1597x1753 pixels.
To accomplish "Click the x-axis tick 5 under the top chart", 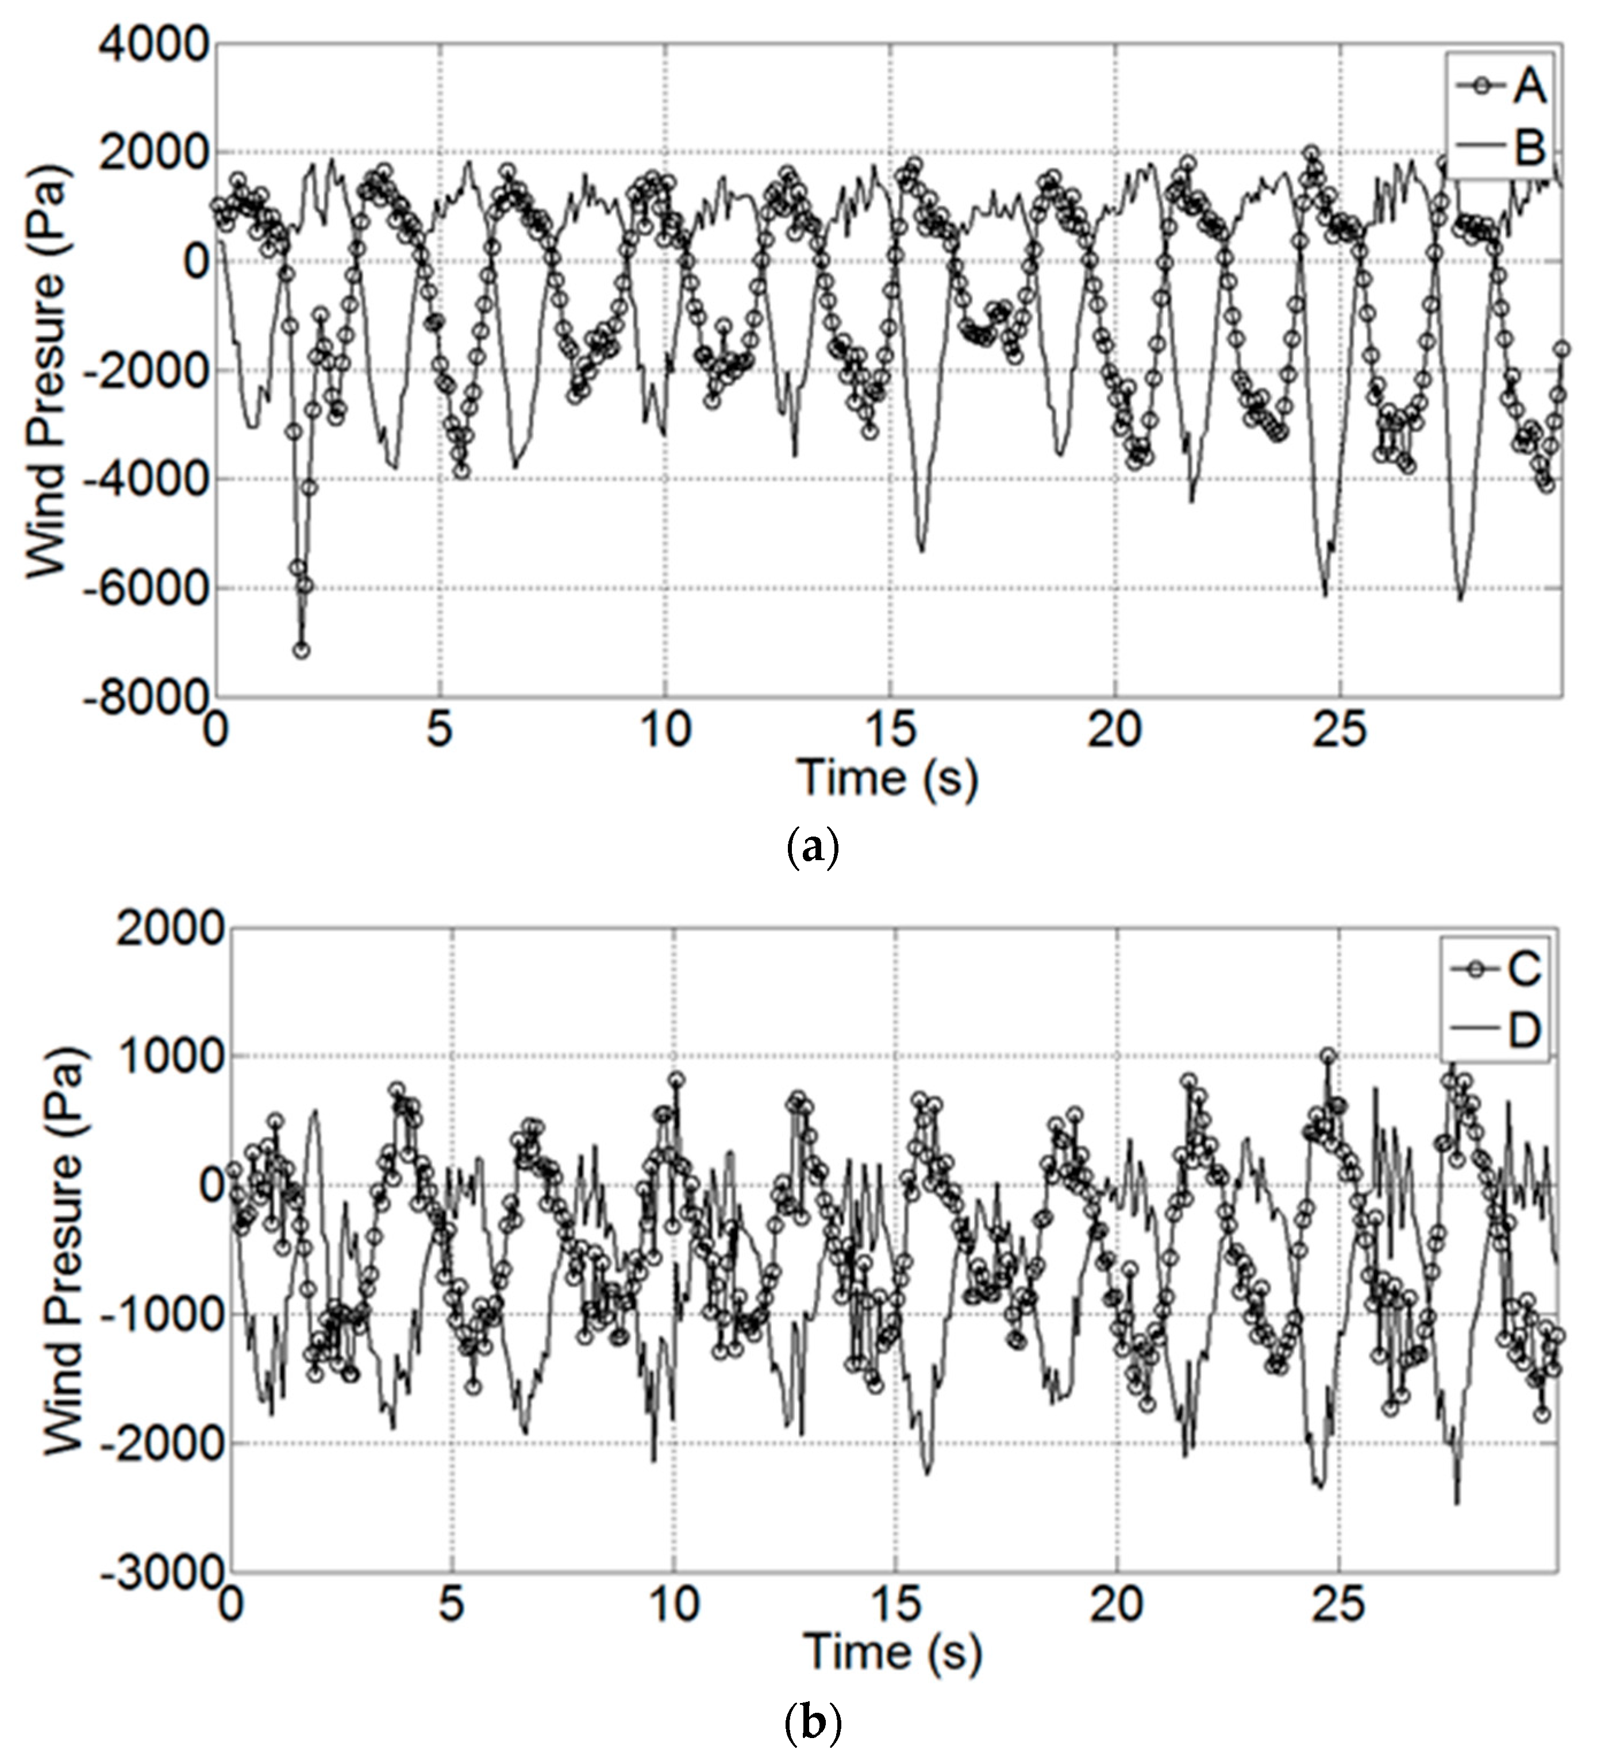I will (440, 729).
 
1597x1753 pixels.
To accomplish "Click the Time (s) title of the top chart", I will (887, 777).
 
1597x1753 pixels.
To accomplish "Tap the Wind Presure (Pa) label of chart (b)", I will (63, 1249).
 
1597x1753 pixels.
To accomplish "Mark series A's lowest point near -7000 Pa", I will (301, 650).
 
